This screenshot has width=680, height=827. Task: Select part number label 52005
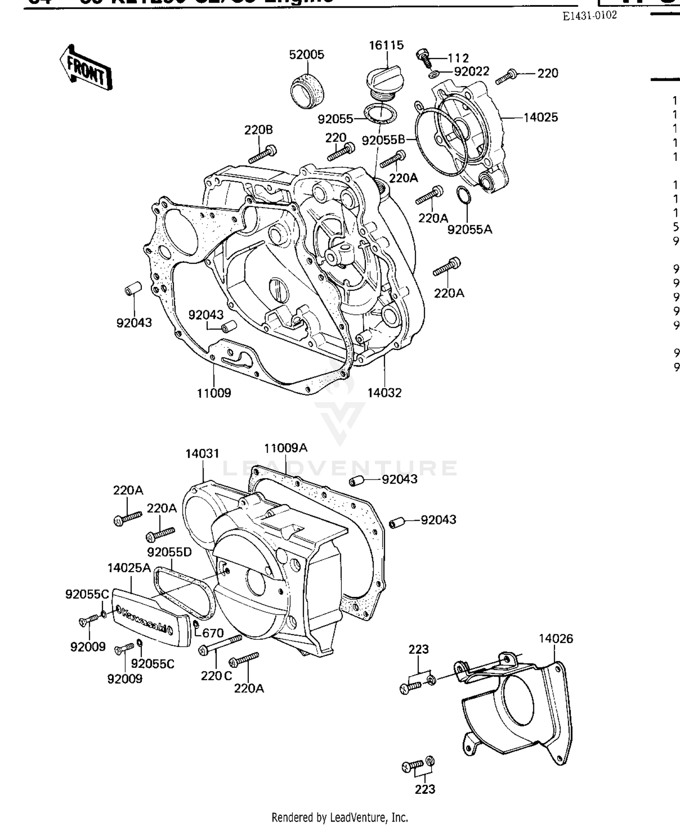click(306, 55)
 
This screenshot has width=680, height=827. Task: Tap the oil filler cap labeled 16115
click(383, 80)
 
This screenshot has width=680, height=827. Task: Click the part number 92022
click(471, 72)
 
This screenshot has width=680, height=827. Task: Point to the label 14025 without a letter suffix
click(540, 118)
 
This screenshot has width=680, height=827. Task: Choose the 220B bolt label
click(258, 130)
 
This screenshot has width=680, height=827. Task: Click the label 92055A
click(470, 229)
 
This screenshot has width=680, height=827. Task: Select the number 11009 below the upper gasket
click(214, 393)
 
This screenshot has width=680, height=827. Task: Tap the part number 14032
click(384, 393)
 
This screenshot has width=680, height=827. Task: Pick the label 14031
click(202, 454)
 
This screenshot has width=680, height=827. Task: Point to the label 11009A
click(286, 448)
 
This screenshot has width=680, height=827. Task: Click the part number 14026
click(556, 638)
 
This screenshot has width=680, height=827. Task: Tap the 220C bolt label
click(216, 676)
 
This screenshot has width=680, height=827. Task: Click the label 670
click(213, 633)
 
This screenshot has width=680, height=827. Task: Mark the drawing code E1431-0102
click(589, 16)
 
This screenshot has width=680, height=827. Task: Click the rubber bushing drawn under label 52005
click(307, 91)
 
